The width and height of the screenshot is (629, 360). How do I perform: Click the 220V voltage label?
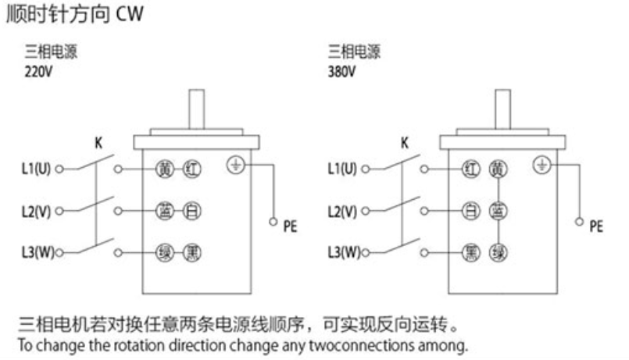pos(38,71)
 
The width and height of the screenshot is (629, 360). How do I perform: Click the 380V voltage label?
pos(341,71)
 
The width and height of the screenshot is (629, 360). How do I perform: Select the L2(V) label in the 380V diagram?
pos(342,211)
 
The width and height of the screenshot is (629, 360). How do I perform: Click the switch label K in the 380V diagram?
pos(404,143)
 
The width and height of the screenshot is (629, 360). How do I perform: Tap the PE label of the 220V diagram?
pos(290,227)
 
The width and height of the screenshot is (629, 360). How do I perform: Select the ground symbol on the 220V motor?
pos(235,165)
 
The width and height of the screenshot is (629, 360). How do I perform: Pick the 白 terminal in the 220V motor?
pos(191,211)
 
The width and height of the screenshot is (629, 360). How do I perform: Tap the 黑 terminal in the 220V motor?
pos(191,252)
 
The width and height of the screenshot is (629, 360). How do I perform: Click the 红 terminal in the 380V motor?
pos(470,169)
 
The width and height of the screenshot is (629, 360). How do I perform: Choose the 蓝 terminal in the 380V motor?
pos(497,211)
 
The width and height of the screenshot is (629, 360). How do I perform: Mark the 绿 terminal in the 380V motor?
pos(497,252)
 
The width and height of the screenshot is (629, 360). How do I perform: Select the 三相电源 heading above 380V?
pos(354,53)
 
